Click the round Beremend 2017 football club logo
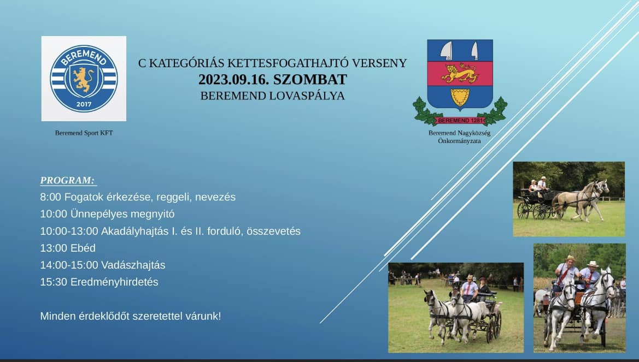coord(84,78)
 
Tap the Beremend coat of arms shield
coord(460,74)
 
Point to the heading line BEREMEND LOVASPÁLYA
coord(272,96)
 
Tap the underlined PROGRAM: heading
coord(68,180)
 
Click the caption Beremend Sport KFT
coord(84,133)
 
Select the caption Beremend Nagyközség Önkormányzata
coord(459,137)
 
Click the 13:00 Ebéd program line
coord(68,248)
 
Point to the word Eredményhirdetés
coord(122,282)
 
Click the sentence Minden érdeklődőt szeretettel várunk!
coord(131,316)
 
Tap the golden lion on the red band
coord(460,73)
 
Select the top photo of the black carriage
coord(568,199)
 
